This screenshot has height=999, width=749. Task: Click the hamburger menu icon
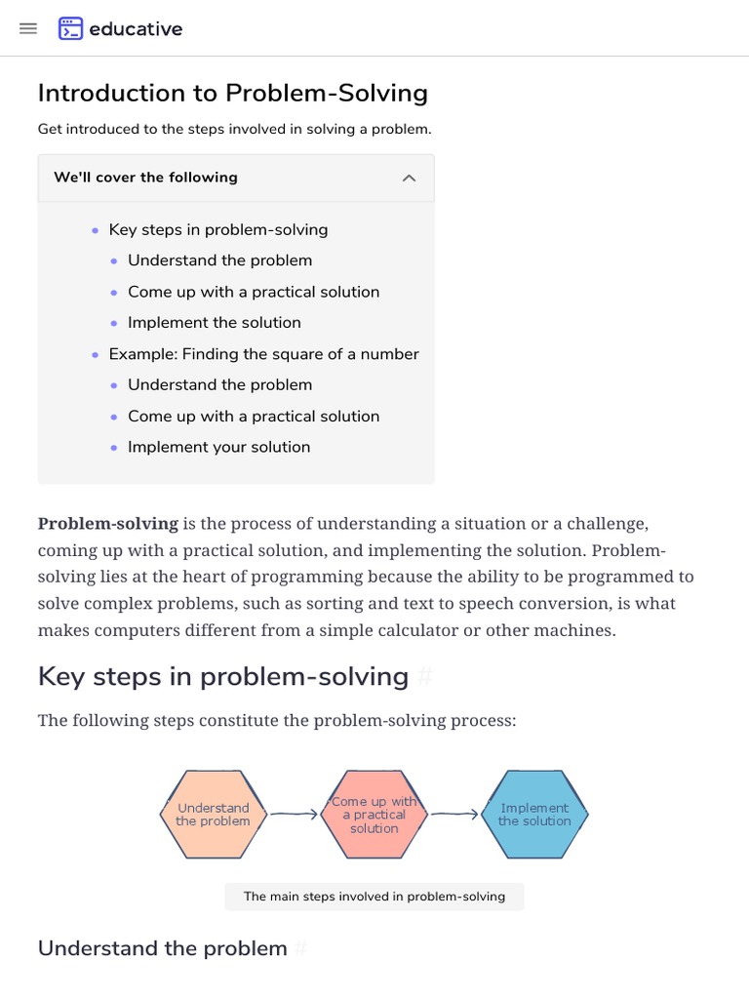(x=28, y=28)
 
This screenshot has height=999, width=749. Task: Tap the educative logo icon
(x=70, y=28)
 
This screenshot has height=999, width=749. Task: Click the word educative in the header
(x=136, y=29)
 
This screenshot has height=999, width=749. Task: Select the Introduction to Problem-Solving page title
(x=232, y=93)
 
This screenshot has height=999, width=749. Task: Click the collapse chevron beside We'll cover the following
(x=410, y=178)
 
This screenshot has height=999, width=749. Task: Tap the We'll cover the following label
(x=145, y=178)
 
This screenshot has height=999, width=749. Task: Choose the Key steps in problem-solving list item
(x=217, y=229)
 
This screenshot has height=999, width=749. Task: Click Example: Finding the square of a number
(x=263, y=354)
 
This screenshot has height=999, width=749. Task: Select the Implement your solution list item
(x=218, y=447)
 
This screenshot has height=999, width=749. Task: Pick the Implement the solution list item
(x=214, y=323)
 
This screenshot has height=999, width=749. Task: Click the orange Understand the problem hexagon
(x=213, y=815)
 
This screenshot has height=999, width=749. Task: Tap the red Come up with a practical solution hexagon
(x=374, y=815)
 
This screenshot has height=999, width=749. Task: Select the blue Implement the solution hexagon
(x=534, y=815)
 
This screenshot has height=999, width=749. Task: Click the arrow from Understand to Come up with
(x=294, y=815)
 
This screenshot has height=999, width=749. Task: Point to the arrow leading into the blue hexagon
(x=454, y=815)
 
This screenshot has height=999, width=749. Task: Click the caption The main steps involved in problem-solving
(x=374, y=897)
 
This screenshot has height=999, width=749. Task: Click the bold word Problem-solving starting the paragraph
(x=108, y=523)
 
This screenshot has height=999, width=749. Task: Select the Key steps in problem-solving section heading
(x=222, y=676)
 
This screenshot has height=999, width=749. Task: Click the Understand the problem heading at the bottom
(x=162, y=948)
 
